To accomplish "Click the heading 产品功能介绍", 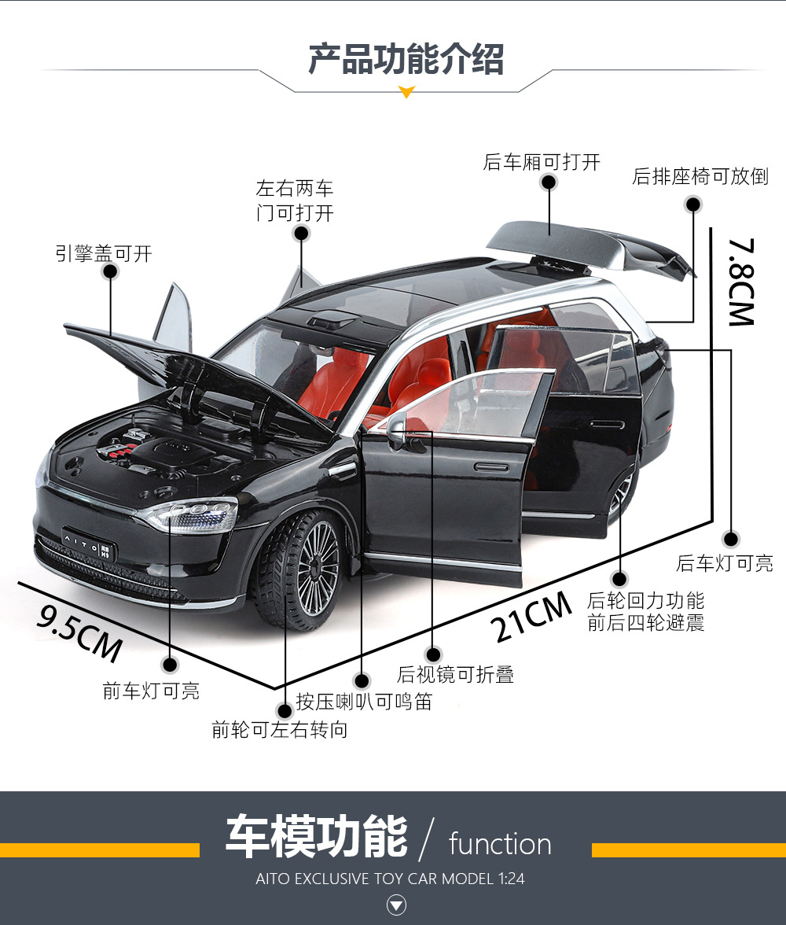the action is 406,60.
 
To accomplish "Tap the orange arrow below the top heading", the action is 406,93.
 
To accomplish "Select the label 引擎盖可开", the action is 104,253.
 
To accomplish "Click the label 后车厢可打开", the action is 542,163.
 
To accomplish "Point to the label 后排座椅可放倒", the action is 700,176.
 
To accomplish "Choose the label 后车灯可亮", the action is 724,563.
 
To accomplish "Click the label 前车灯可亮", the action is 151,691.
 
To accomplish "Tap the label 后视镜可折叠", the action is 455,674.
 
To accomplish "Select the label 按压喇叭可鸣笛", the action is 364,701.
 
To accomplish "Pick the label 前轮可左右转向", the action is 279,730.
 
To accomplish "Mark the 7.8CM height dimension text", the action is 740,282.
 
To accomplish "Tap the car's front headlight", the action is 189,514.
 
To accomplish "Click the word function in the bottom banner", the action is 500,844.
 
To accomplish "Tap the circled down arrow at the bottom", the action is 397,907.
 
